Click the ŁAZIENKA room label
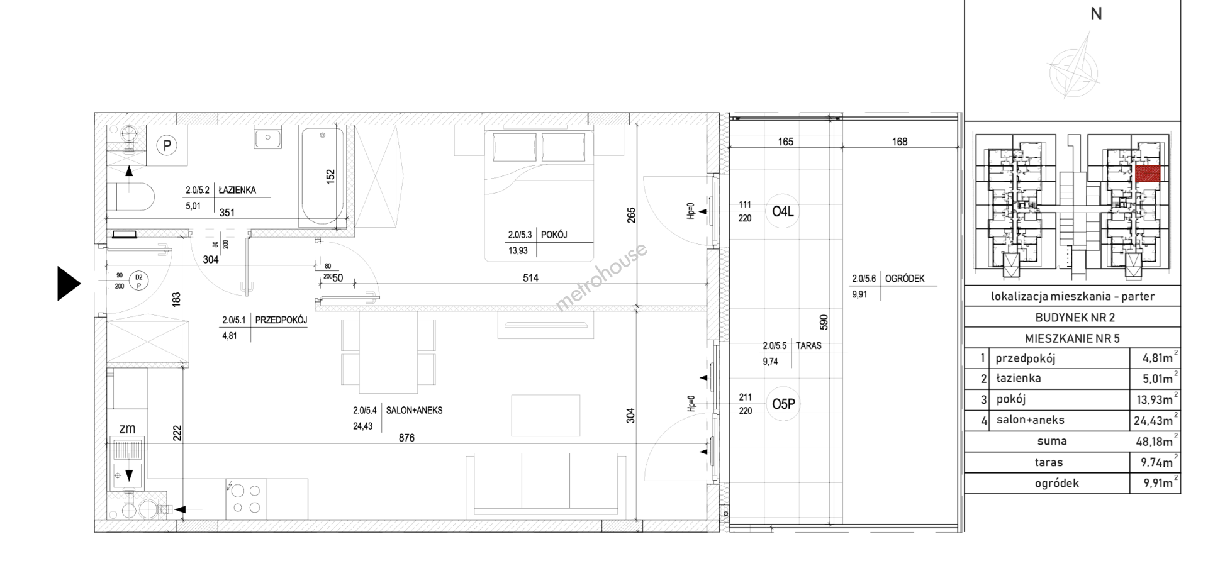237,190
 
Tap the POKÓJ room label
554,235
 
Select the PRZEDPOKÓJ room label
281,320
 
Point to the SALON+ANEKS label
415,410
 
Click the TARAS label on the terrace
808,345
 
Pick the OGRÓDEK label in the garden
905,279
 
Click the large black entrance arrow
69,284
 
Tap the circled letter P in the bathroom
167,146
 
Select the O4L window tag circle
783,211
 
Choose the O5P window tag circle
783,404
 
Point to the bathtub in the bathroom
323,175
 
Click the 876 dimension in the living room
406,438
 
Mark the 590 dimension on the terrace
824,322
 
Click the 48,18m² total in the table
1157,441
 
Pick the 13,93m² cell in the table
1157,399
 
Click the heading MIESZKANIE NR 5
1072,338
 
